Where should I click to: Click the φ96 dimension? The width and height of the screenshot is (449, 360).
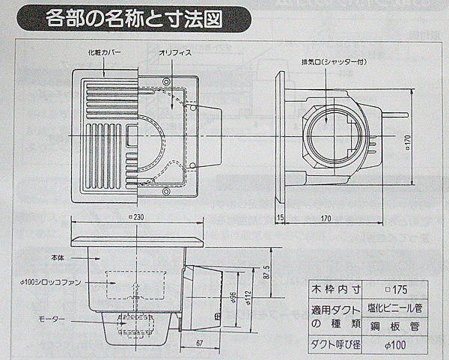[234, 299]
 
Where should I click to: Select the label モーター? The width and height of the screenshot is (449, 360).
[50, 320]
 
